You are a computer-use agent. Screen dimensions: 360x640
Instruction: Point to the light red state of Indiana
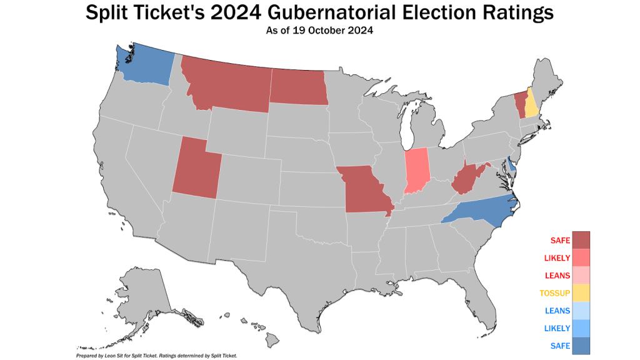417,170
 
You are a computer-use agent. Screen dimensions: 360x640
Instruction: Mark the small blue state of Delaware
511,164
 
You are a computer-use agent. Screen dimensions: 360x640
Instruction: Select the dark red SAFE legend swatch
581,240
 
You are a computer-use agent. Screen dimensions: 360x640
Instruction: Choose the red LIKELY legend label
556,257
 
